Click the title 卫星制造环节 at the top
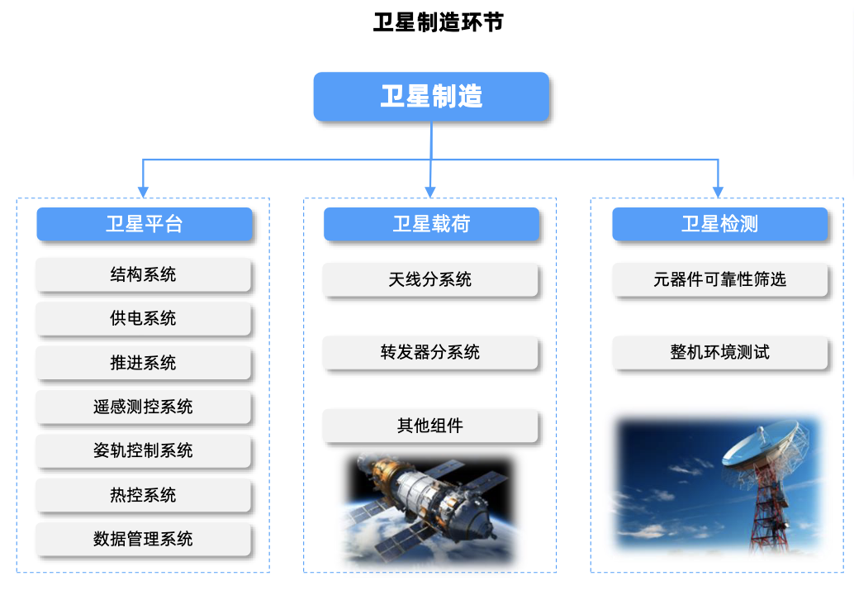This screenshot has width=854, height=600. [439, 22]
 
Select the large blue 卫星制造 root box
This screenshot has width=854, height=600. [431, 97]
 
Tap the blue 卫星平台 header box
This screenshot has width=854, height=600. [145, 223]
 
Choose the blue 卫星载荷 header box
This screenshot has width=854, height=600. [431, 223]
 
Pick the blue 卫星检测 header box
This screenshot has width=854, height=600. [719, 223]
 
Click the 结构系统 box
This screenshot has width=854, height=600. [143, 274]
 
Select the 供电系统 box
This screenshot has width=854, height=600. [143, 318]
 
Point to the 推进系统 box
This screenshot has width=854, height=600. [143, 363]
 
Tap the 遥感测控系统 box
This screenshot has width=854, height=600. [143, 407]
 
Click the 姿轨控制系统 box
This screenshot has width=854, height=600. [143, 450]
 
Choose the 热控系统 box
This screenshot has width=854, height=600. [143, 495]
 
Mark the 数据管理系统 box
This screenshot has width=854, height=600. [143, 539]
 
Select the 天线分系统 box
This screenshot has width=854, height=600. [430, 279]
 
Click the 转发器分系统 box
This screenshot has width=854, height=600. [430, 352]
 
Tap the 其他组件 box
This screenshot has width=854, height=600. [430, 426]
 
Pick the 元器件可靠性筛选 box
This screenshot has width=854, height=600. [719, 279]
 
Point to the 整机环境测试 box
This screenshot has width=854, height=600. [719, 352]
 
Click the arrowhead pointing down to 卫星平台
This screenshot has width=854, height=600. [143, 192]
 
